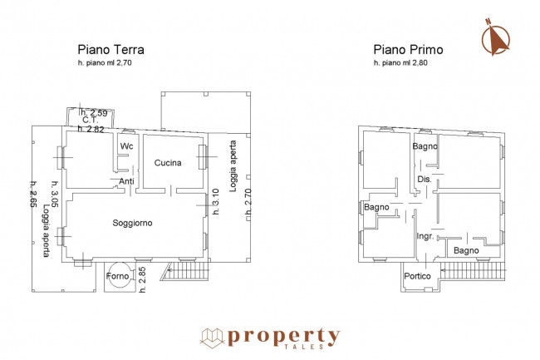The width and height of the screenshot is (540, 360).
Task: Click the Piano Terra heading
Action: click(x=110, y=50)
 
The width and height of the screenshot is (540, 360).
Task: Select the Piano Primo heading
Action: click(x=408, y=50)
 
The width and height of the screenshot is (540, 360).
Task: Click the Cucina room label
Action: click(x=168, y=163)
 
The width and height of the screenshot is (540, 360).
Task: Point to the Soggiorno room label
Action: click(x=132, y=223)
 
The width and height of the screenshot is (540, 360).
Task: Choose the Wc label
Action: click(x=126, y=146)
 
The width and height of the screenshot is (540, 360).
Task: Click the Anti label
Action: click(x=126, y=181)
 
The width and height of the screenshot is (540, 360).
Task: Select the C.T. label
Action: click(x=91, y=121)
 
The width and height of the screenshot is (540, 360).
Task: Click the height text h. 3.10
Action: click(x=216, y=201)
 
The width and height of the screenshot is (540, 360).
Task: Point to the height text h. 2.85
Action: click(x=143, y=279)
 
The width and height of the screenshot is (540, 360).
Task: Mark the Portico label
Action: click(x=417, y=276)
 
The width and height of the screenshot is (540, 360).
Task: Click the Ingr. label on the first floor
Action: click(x=425, y=236)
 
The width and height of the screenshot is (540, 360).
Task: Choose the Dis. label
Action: click(x=425, y=179)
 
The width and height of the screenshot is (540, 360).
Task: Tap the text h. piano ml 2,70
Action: click(x=105, y=63)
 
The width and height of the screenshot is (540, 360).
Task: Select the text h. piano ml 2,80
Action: click(x=401, y=63)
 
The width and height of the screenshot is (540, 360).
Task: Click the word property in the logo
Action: click(x=283, y=337)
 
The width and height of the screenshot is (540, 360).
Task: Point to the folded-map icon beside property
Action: click(x=212, y=338)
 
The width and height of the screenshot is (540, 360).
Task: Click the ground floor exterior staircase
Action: click(x=184, y=271)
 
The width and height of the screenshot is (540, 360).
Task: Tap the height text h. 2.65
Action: click(x=32, y=194)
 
